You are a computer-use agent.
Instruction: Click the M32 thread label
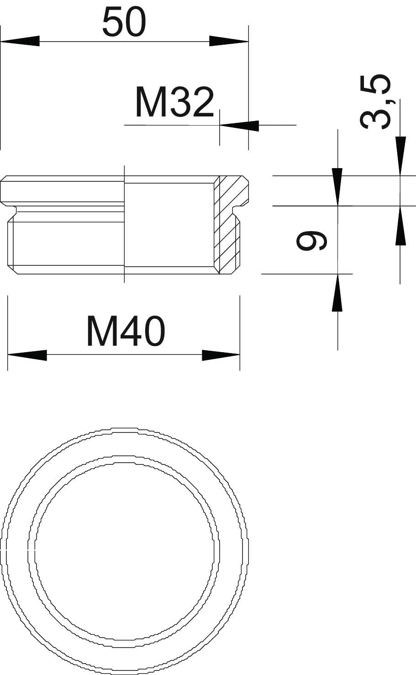click(x=175, y=102)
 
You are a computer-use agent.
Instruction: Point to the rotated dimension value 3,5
click(x=375, y=102)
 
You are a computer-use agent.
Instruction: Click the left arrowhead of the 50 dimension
click(x=20, y=41)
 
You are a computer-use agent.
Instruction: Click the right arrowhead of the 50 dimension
click(x=229, y=41)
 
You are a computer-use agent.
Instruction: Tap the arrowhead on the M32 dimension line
click(x=239, y=126)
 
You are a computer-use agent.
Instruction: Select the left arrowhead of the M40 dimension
click(x=27, y=355)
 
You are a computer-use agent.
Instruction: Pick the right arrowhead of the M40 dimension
click(x=221, y=355)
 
